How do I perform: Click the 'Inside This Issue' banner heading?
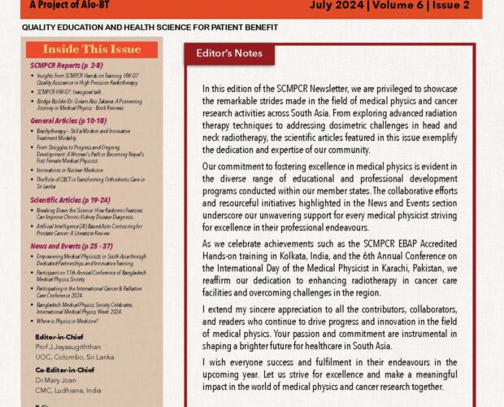[91, 50]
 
